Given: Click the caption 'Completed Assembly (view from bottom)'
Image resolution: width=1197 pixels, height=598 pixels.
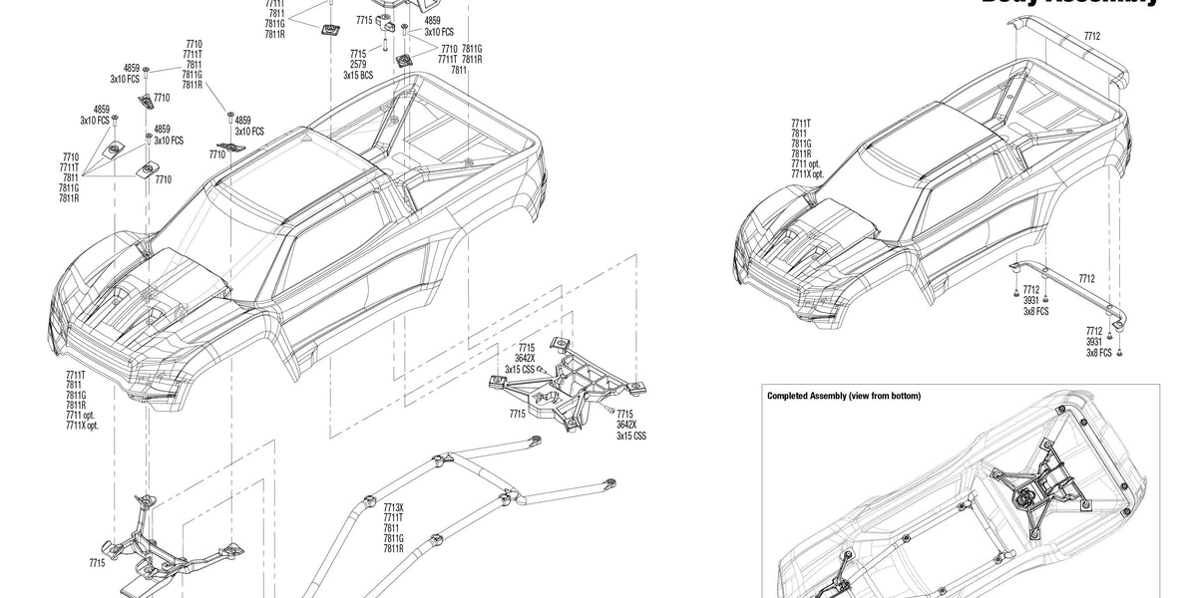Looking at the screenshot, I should click(843, 396).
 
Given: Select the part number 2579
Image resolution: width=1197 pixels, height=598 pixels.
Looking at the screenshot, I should click(358, 64).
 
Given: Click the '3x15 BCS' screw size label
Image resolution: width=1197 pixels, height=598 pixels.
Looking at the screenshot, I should click(358, 75).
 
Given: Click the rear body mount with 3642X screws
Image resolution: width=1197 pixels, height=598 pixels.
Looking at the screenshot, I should click(569, 384).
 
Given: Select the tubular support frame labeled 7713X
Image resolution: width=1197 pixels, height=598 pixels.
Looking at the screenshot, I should click(439, 498).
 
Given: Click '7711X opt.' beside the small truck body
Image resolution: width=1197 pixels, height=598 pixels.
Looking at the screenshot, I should click(807, 174).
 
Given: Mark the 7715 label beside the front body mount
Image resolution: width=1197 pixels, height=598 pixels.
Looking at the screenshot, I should click(96, 563).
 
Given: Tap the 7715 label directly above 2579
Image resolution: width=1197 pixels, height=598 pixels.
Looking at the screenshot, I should click(358, 53).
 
